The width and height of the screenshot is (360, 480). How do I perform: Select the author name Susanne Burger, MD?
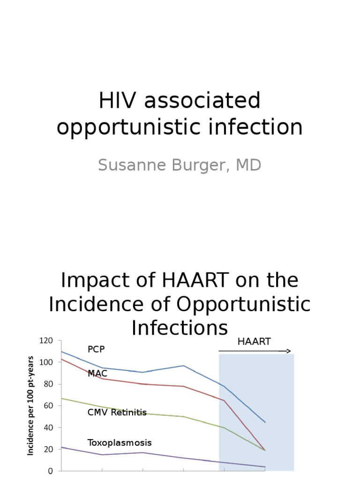click(x=180, y=165)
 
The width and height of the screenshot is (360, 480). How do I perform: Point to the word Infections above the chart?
click(x=180, y=328)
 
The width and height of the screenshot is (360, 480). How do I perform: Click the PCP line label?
click(x=96, y=350)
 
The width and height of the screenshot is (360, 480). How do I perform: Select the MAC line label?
click(x=97, y=374)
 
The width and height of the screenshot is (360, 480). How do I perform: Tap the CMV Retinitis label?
click(x=117, y=412)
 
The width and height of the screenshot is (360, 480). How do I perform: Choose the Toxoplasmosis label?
click(x=120, y=443)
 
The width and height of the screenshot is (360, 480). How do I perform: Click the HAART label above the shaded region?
click(x=254, y=342)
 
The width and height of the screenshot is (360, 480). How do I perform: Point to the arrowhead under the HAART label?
click(x=288, y=351)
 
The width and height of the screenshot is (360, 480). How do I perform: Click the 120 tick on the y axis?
click(x=47, y=341)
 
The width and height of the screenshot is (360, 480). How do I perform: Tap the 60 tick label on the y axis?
click(x=49, y=406)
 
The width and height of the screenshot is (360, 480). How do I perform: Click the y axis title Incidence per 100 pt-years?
click(x=31, y=406)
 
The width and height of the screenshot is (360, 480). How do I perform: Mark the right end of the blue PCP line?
click(x=265, y=422)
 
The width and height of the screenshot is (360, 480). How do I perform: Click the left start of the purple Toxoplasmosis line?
click(x=62, y=447)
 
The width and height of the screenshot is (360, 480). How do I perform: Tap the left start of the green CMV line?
click(x=62, y=398)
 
